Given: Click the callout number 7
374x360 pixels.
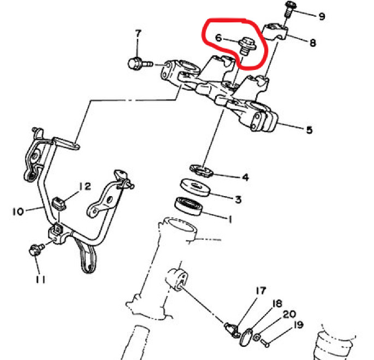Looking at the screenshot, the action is click(x=138, y=34).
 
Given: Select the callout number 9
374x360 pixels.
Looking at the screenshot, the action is click(x=322, y=16).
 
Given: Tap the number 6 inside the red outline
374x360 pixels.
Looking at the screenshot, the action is click(x=218, y=38).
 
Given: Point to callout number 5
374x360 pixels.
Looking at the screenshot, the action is click(x=309, y=130).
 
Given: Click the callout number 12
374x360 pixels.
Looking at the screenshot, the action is click(x=85, y=186).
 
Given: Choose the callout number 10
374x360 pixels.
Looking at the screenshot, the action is click(x=18, y=211).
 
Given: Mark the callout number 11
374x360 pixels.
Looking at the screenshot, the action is click(x=40, y=280).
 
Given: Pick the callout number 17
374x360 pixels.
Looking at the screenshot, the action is click(x=260, y=291).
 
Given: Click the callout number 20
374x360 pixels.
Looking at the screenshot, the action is click(x=289, y=315).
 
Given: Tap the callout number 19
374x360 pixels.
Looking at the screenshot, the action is click(x=298, y=324).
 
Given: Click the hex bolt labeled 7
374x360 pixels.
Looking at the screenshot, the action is click(x=140, y=64).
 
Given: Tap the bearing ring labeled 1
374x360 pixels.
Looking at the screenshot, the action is click(x=188, y=206).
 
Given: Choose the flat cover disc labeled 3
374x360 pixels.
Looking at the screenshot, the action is click(x=195, y=187).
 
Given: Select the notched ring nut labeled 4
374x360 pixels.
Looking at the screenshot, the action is click(x=201, y=170).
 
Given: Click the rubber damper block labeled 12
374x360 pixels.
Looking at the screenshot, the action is click(x=58, y=204).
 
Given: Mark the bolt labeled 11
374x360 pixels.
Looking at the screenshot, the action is click(x=36, y=250).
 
